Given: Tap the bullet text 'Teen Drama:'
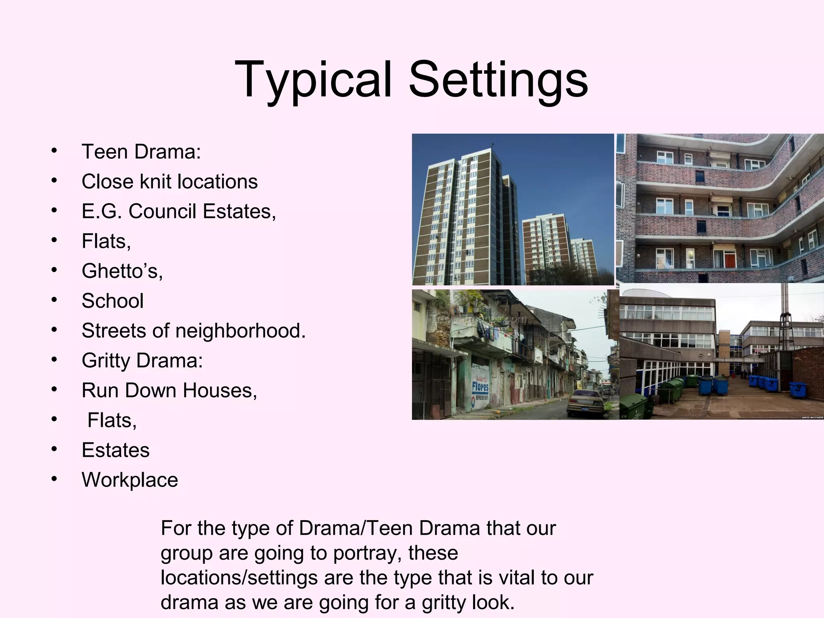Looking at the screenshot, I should pyautogui.click(x=141, y=152).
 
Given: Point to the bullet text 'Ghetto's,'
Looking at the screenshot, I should pyautogui.click(x=122, y=271).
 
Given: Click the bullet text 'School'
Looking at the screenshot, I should pyautogui.click(x=113, y=301).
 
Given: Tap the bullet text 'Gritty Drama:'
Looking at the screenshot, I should pyautogui.click(x=142, y=360).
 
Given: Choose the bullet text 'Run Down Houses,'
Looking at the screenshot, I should pyautogui.click(x=169, y=390).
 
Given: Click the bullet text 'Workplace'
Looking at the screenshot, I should pyautogui.click(x=130, y=480).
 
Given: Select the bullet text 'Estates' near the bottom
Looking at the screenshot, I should pyautogui.click(x=115, y=450).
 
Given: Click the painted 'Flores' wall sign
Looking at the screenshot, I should pyautogui.click(x=480, y=386).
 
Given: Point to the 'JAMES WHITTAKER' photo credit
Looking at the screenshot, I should pyautogui.click(x=812, y=417).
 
